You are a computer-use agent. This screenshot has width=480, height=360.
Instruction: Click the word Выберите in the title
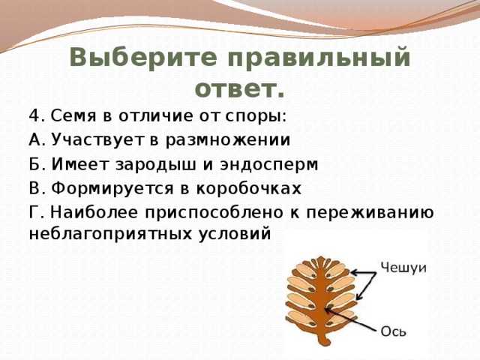(x=143, y=58)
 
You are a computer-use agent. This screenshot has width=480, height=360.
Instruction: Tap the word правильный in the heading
(x=319, y=59)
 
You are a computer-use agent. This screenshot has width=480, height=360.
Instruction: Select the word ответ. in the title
(x=240, y=90)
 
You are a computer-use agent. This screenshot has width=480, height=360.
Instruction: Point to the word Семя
(x=73, y=116)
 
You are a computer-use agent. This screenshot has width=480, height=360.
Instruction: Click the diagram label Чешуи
(x=403, y=268)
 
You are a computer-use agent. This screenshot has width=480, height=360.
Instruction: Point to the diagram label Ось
(x=393, y=331)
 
